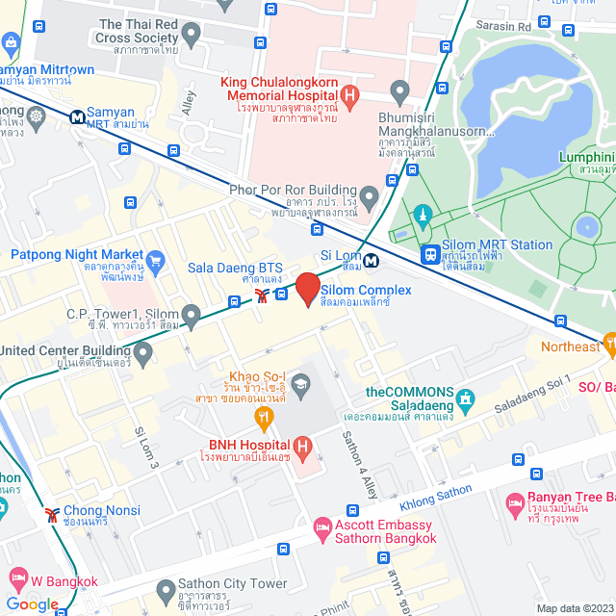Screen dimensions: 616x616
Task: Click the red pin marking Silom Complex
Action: pyautogui.click(x=307, y=288)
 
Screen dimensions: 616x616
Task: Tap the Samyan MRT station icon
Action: pyautogui.click(x=75, y=115)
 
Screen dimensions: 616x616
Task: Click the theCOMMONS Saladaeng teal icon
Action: pyautogui.click(x=467, y=398)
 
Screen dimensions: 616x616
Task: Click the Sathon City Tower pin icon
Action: pyautogui.click(x=164, y=586)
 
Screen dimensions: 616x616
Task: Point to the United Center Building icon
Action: pyautogui.click(x=143, y=354)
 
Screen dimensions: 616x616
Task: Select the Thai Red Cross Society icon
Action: pyautogui.click(x=191, y=36)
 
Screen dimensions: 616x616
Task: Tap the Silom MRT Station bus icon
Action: pyautogui.click(x=429, y=255)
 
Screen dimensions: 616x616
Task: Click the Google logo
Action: pyautogui.click(x=32, y=603)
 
